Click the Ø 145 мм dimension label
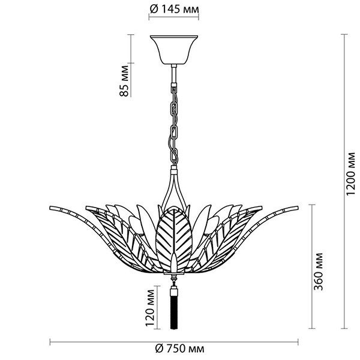(173, 10)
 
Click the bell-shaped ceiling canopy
(173, 52)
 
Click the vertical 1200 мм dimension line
(344, 180)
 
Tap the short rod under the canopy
(174, 75)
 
